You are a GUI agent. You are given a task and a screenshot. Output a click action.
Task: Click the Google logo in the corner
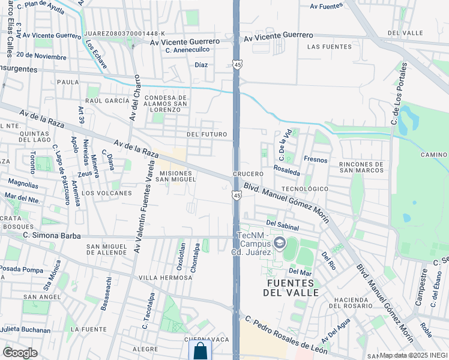[x=20, y=353]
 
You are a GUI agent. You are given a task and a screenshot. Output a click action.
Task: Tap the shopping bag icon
[x=200, y=351]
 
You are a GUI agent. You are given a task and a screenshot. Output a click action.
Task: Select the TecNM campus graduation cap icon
[x=279, y=243]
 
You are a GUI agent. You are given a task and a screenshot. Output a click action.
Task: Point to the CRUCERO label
[x=249, y=174]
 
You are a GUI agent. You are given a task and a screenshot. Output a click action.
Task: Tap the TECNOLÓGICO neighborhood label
[x=305, y=188]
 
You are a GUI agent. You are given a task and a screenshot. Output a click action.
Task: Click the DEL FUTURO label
[x=206, y=134]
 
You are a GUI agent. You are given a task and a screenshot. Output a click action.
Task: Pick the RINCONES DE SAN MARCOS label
[x=361, y=167]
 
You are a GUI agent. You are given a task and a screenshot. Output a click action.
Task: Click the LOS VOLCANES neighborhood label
[x=107, y=193]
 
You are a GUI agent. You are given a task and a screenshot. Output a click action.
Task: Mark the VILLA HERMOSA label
[x=164, y=278]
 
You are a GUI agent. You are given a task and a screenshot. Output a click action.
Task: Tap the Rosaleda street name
[x=286, y=172]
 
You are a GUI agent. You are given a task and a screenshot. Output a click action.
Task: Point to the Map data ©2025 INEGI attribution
[x=414, y=355]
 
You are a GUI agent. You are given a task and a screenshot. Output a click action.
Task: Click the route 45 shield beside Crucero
[x=237, y=195]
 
